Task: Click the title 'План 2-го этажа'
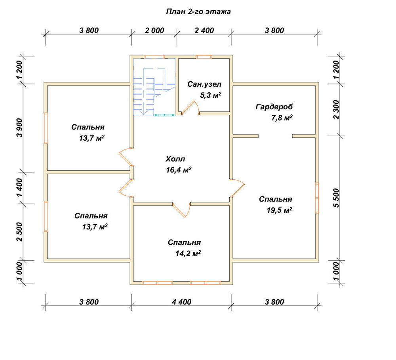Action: tap(198, 12)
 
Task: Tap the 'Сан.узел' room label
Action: tap(204, 84)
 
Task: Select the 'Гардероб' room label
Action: tap(274, 107)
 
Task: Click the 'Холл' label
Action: tap(175, 159)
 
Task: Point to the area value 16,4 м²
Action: tap(179, 170)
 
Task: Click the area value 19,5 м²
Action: tap(280, 210)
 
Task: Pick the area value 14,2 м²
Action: tap(188, 253)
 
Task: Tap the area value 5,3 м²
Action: tap(211, 95)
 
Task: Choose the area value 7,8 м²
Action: tap(282, 118)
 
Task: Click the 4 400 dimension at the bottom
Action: tap(182, 302)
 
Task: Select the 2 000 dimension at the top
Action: tap(154, 30)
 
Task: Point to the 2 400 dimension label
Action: tap(204, 30)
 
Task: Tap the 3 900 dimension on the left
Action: tap(19, 128)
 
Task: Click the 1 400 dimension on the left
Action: tap(19, 187)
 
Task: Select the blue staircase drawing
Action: tap(154, 87)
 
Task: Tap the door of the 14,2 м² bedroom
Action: tap(181, 210)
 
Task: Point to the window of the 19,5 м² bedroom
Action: tap(317, 198)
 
